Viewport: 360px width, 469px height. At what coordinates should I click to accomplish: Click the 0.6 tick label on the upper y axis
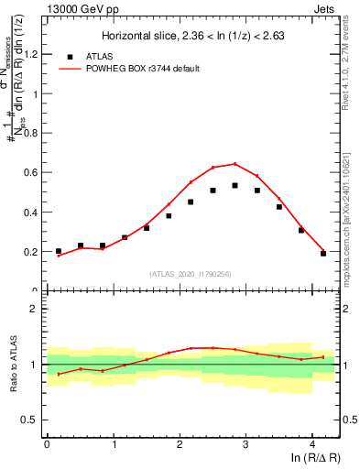pos(33,172)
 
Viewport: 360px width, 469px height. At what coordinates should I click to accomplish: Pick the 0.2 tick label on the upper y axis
pos(33,251)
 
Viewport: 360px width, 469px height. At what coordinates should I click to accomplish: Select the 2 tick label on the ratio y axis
pos(37,309)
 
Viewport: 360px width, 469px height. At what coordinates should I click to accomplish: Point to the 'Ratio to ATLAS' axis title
pos(12,365)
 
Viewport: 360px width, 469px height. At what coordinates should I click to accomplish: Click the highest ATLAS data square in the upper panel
pos(235,186)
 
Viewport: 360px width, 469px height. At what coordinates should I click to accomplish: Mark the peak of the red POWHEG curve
pos(235,164)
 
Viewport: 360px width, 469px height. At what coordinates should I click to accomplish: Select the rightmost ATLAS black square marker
pos(323,254)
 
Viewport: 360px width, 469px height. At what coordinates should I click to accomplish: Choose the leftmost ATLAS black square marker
pos(59,251)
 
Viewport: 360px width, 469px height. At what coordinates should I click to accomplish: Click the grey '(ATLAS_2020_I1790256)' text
pos(191,274)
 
